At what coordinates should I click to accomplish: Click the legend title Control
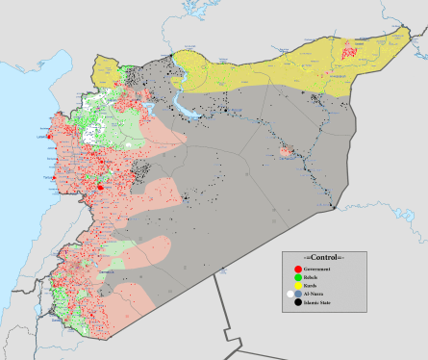click(324, 259)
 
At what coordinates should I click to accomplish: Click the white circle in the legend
click(290, 295)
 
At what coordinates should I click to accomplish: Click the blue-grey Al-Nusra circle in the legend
click(298, 295)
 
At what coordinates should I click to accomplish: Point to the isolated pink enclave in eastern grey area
click(286, 151)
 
